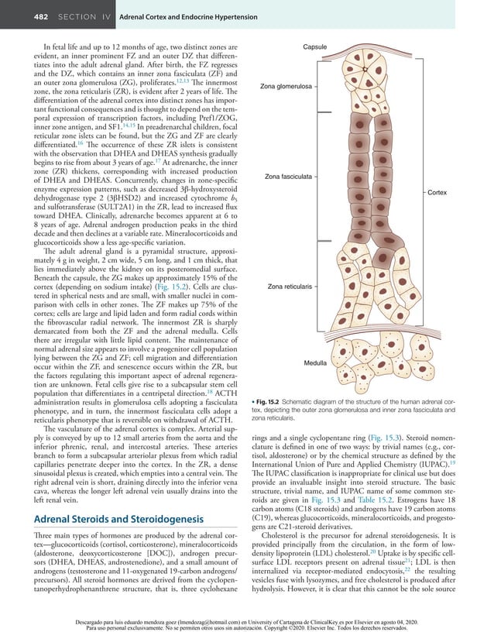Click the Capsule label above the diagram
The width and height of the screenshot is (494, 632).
coord(314,48)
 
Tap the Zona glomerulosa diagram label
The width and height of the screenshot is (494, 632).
coord(286,87)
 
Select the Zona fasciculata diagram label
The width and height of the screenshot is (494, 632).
coord(288,177)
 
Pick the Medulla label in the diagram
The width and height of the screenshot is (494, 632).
coord(314,362)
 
